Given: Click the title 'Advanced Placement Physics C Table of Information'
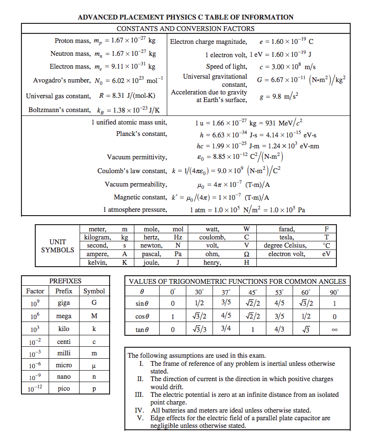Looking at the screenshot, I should tap(185, 17).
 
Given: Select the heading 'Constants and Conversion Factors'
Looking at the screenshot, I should tap(185, 29).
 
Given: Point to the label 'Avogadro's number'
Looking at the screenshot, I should tap(61, 80).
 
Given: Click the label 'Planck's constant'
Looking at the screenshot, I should tap(142, 134).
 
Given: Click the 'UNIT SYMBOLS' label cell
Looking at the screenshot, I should tap(57, 246).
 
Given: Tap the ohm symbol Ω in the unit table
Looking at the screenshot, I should tap(246, 254).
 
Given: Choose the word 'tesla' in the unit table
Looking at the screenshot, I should tap(286, 237).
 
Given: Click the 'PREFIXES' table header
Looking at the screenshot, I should tap(65, 281).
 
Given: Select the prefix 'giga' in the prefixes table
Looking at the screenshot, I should tap(64, 303).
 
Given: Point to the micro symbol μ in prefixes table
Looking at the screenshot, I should tap(94, 365).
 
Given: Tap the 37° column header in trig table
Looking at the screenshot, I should tap(226, 291).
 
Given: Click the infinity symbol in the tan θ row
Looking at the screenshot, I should tap(335, 329).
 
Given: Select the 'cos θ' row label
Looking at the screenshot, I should tap(143, 316).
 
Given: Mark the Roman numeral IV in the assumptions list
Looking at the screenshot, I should tap(140, 410).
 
